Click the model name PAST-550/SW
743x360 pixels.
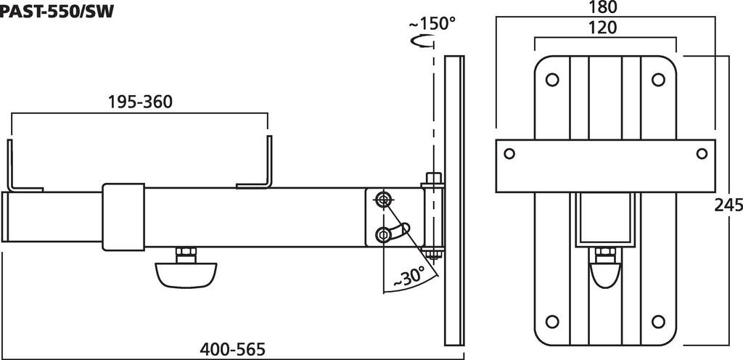tap(57, 10)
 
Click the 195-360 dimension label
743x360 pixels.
tap(140, 102)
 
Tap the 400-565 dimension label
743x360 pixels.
tap(233, 349)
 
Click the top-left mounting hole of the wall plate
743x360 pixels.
tap(551, 79)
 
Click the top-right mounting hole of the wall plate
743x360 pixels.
tap(659, 79)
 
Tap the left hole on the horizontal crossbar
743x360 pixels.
tap(510, 153)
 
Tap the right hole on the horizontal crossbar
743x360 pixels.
tap(702, 153)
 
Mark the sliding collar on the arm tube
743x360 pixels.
tap(125, 216)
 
